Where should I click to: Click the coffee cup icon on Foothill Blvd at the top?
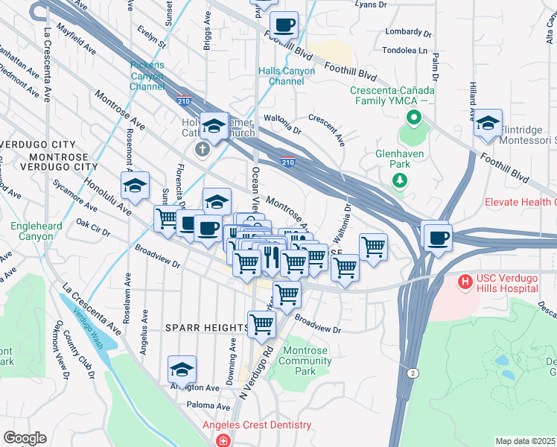tap(284, 25)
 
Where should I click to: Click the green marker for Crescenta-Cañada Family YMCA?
tap(412, 118)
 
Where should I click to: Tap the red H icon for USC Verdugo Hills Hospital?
tap(465, 282)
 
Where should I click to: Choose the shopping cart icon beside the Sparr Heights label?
tap(261, 324)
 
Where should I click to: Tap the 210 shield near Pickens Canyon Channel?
tap(182, 99)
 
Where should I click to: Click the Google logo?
tap(25, 438)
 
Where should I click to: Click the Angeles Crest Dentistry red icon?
tap(223, 440)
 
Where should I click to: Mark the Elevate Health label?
tap(520, 202)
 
